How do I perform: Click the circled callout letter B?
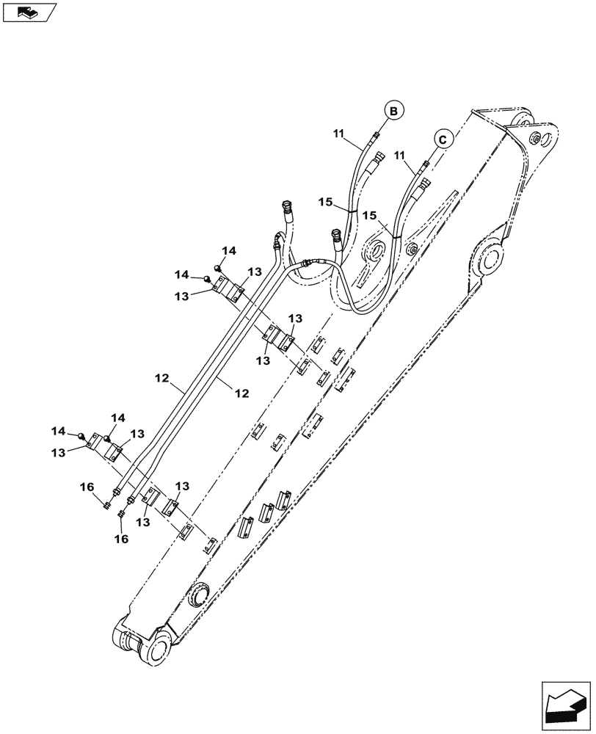393,111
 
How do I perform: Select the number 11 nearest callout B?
338,133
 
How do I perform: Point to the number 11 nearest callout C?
400,156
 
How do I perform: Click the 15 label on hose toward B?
326,201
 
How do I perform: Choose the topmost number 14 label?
229,251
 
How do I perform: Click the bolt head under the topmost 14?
218,267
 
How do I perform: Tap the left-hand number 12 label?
163,378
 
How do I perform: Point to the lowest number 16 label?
121,539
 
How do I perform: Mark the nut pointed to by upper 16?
107,504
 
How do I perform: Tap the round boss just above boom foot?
199,594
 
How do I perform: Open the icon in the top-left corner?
29,12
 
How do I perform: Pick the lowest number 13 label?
142,522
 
